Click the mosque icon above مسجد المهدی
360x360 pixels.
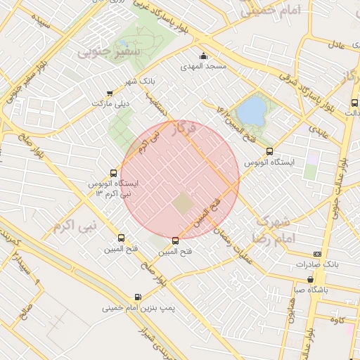pos(203,56)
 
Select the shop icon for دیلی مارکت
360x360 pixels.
pos(109,94)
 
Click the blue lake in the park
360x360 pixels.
pos(251,109)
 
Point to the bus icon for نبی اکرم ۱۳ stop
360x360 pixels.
pos(114,173)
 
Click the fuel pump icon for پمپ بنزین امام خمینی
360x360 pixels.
pos(137,297)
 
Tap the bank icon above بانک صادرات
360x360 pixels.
pos(317,254)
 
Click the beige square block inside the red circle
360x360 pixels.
pos(182,204)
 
